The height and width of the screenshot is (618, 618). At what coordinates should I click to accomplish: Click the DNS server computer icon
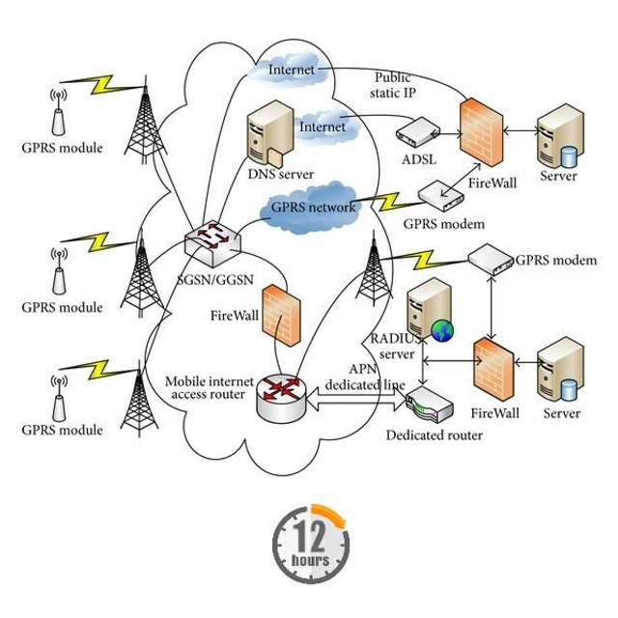266,136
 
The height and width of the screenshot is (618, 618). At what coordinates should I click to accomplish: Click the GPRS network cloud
312,207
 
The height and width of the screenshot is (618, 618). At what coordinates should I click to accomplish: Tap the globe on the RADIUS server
441,331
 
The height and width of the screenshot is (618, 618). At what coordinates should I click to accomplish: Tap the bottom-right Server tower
559,372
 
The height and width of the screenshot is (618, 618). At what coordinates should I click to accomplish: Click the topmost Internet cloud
289,70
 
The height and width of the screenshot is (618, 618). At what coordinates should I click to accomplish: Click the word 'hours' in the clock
309,560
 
